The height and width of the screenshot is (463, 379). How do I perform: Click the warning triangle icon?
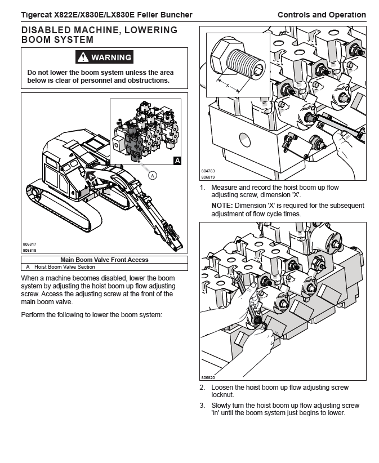coord(83,57)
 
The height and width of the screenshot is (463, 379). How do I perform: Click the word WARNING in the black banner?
coord(111,57)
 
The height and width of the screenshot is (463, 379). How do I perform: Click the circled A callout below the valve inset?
coord(152,175)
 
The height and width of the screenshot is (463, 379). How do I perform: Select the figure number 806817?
coord(30,244)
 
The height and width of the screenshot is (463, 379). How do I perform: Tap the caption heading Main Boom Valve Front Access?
coord(104,260)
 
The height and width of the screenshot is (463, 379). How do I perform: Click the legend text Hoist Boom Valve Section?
coord(65,267)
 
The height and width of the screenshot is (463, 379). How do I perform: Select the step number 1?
coord(202,188)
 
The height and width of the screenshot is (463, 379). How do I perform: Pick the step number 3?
coord(202,406)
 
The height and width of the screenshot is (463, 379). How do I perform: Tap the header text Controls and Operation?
coord(322,15)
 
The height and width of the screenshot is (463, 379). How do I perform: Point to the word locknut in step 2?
coord(222,395)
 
